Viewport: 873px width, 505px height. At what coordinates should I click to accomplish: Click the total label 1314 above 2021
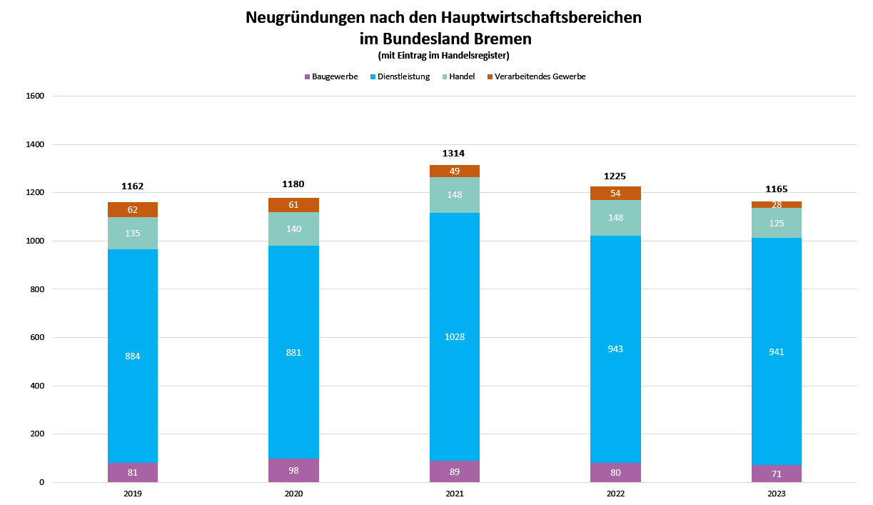coord(454,153)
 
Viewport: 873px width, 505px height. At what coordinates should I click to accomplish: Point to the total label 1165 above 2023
coord(776,189)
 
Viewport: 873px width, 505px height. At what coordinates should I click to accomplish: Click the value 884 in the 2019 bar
coord(133,356)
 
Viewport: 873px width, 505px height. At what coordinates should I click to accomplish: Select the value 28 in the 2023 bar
coord(776,205)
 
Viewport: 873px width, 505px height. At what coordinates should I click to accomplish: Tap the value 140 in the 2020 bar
coord(293,229)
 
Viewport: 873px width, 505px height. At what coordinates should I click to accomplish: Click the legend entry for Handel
coord(461,76)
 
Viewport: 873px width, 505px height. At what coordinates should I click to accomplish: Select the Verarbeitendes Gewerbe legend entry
coord(540,76)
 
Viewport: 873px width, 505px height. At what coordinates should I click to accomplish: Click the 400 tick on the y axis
coord(36,386)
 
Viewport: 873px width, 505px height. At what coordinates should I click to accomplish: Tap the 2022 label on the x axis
coord(615,494)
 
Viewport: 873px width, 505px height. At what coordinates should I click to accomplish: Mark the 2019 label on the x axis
coord(133,494)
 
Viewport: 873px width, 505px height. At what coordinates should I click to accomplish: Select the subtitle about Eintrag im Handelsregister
coord(443,55)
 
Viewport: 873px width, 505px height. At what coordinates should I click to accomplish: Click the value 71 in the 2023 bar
coord(776,474)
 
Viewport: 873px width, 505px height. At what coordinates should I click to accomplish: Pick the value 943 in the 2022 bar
coord(615,349)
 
